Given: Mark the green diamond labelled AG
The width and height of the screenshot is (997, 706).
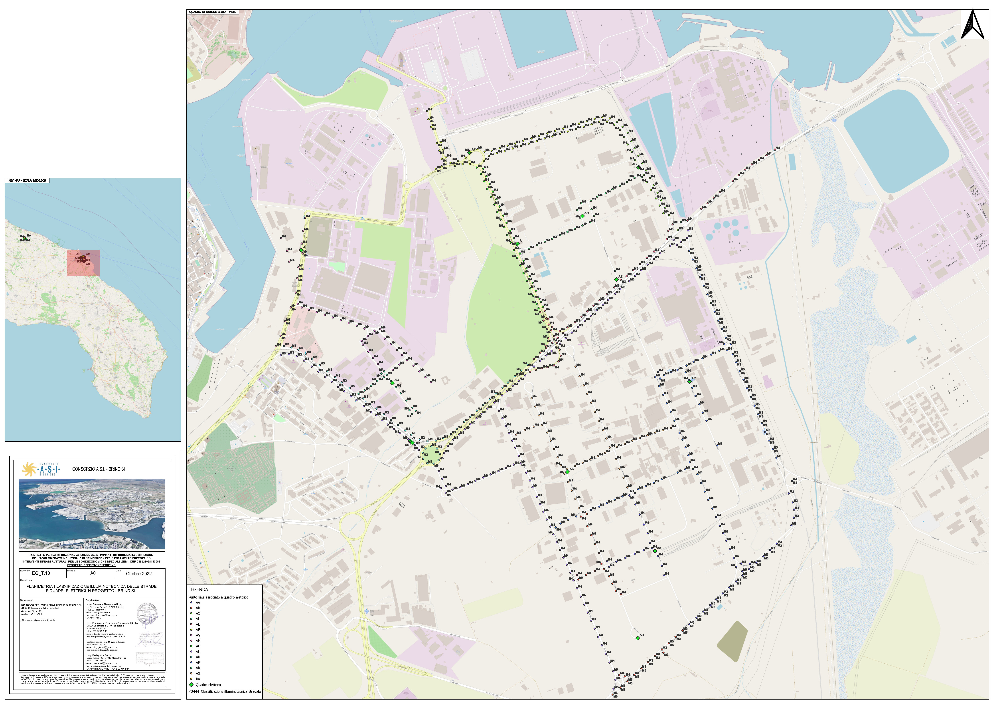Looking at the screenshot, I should tap(392, 383).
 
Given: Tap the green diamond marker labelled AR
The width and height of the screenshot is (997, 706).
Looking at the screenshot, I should tap(582, 216).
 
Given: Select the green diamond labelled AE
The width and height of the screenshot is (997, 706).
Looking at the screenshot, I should tap(616, 280).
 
